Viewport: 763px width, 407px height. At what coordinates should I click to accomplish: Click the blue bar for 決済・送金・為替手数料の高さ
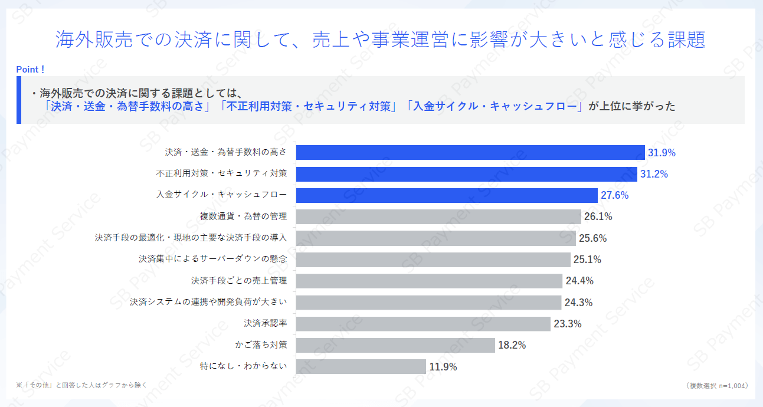pos(470,152)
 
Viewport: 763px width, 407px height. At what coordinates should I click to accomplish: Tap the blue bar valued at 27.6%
pos(446,195)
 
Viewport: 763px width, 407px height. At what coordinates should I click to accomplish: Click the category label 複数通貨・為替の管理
pos(244,216)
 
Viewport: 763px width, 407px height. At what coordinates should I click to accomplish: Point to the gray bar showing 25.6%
pos(435,238)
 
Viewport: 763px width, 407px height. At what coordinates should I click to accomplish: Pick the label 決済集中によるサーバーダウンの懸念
pos(213,259)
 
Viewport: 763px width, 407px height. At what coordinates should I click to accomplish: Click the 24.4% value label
pos(579,281)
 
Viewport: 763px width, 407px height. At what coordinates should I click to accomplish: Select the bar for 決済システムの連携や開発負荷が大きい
pos(428,303)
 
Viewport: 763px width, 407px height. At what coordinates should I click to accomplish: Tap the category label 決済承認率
pos(265,323)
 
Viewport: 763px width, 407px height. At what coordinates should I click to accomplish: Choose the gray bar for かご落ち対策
pos(395,345)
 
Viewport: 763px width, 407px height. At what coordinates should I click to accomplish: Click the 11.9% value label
pos(443,367)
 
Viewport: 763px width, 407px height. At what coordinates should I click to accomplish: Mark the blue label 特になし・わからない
pos(244,366)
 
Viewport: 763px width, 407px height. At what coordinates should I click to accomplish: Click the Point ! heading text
pos(30,70)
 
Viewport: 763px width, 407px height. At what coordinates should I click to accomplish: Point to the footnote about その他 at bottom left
pos(81,385)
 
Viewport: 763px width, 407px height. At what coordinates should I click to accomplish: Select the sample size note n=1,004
pos(718,385)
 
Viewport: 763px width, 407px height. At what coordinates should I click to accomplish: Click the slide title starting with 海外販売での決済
pos(381,40)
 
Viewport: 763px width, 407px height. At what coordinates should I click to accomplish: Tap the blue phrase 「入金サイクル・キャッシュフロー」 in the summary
pos(495,107)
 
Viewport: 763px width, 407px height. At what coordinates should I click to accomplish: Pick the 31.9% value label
pos(662,153)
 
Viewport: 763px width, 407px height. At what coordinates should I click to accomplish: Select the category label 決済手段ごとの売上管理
pos(239,280)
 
